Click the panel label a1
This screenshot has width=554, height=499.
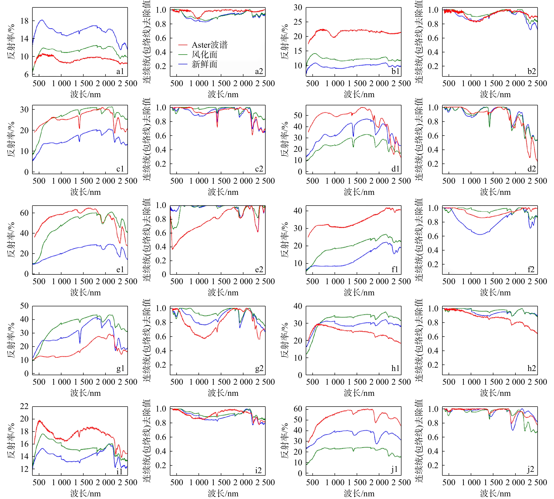pyautogui.click(x=120, y=71)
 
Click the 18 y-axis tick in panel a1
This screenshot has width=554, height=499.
pyautogui.click(x=24, y=21)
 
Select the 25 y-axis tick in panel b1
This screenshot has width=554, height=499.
pyautogui.click(x=298, y=22)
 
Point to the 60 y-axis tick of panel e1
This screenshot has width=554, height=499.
pyautogui.click(x=24, y=213)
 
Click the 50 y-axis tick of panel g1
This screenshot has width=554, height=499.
pyautogui.click(x=24, y=306)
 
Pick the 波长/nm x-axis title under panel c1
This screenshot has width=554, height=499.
pyautogui.click(x=85, y=192)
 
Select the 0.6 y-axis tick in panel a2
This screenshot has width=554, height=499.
pyautogui.click(x=161, y=38)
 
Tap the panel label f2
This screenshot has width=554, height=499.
pyautogui.click(x=531, y=269)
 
